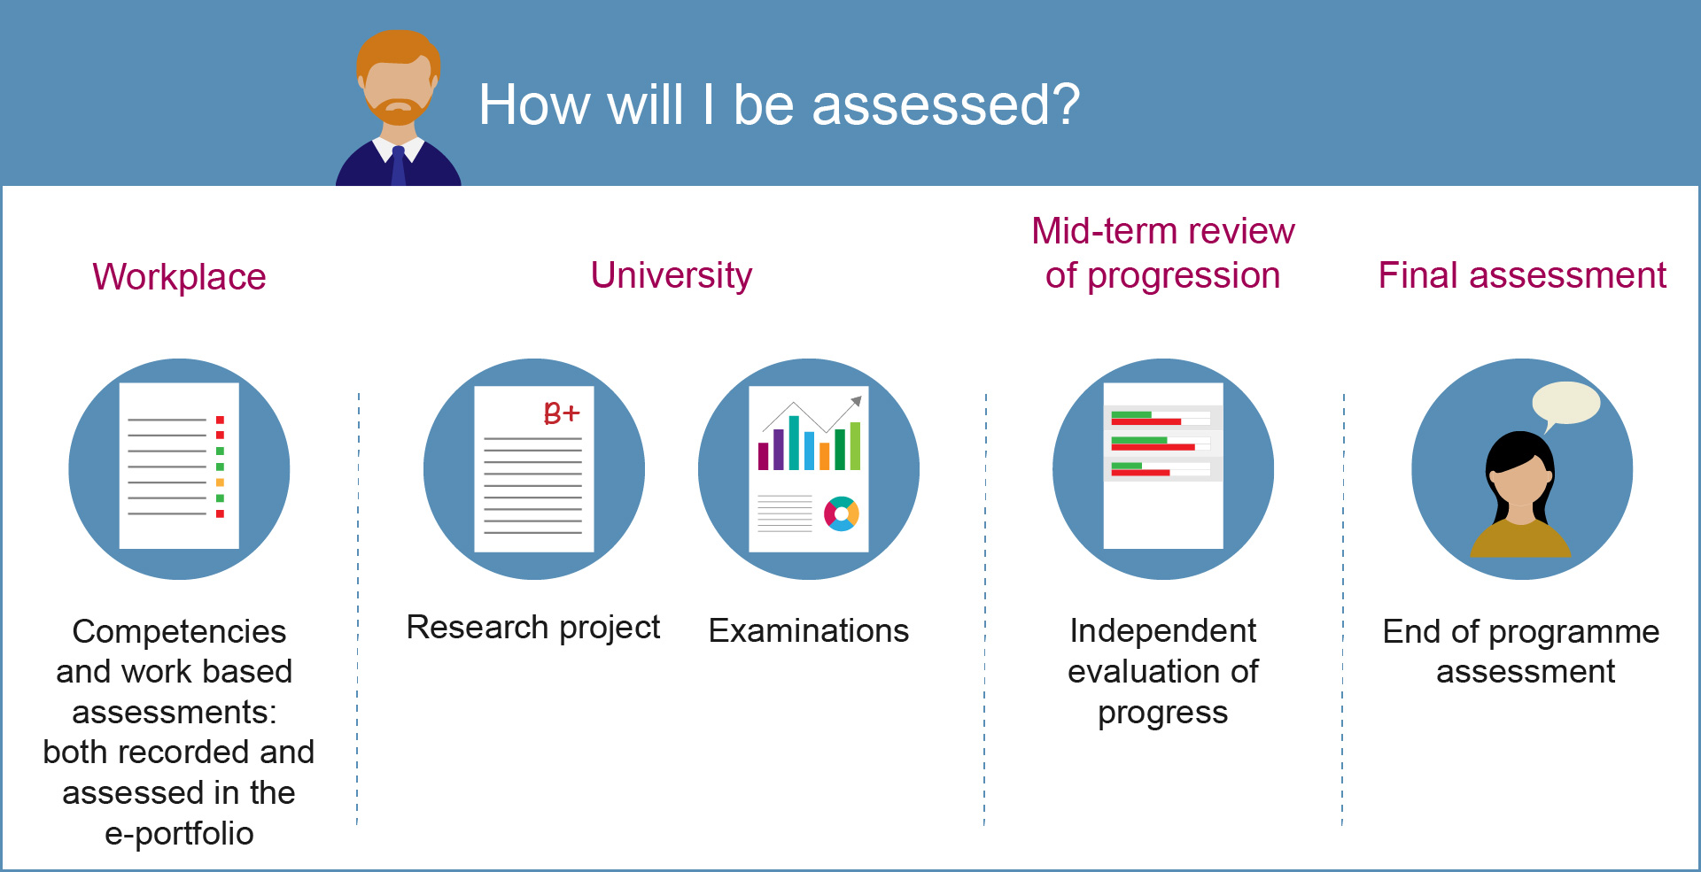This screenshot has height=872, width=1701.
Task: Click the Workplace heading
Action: pos(179,277)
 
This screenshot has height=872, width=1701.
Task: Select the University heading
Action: pos(672,276)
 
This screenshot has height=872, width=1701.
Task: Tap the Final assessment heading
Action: pos(1522,275)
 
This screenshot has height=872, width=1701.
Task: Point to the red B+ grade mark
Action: pos(562,412)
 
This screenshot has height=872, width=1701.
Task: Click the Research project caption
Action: pos(533,628)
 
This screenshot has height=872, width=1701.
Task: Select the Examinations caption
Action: pos(809,631)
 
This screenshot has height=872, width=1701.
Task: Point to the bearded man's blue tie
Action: pos(399,166)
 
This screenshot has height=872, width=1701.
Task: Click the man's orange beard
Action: pos(399,110)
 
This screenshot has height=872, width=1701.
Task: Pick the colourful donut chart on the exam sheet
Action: pos(842,514)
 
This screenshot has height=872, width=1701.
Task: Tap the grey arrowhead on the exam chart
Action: pos(857,401)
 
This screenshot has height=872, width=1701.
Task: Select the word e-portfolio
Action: pos(180,834)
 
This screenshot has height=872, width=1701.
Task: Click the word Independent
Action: pos(1163,631)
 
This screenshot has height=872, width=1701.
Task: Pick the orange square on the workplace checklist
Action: pos(220,482)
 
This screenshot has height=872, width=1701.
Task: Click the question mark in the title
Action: pos(1066,104)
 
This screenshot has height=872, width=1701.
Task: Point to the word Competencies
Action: pos(180,632)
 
